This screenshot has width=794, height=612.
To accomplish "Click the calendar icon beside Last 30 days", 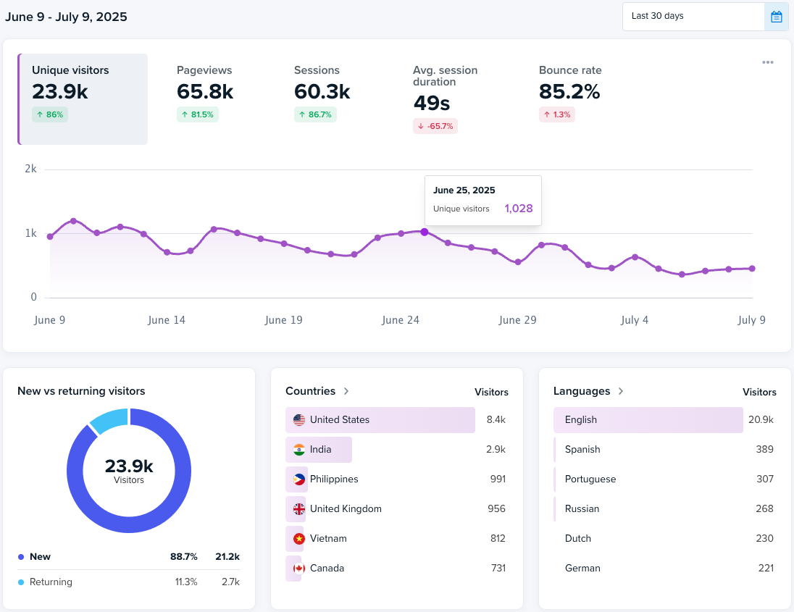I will [776, 17].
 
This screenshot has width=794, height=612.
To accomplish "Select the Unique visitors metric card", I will [83, 98].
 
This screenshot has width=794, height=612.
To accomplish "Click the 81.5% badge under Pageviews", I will [198, 114].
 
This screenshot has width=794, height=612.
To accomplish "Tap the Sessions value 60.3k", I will [322, 92].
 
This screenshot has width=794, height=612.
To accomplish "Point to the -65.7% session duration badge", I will [435, 126].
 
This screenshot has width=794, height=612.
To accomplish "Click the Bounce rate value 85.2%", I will [569, 92].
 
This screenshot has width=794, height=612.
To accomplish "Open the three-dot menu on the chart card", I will [768, 62].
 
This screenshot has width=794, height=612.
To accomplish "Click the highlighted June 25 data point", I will [424, 232].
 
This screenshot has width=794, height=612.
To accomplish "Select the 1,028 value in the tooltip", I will [519, 209].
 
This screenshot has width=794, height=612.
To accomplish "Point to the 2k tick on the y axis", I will [30, 169].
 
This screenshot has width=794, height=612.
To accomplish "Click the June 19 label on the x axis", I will [284, 320].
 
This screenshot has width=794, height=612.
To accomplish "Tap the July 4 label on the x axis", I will [635, 320].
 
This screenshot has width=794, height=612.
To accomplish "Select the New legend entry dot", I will [21, 557].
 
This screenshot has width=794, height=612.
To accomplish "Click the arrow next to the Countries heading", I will [346, 391].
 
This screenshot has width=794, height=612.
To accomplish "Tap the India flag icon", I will [299, 450].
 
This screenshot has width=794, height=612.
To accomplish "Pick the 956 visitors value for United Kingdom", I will [496, 508].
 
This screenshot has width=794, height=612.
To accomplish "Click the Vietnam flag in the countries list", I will [299, 539].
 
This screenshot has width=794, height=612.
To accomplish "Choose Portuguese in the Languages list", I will [590, 479].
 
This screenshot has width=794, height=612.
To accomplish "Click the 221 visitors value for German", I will [766, 568].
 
